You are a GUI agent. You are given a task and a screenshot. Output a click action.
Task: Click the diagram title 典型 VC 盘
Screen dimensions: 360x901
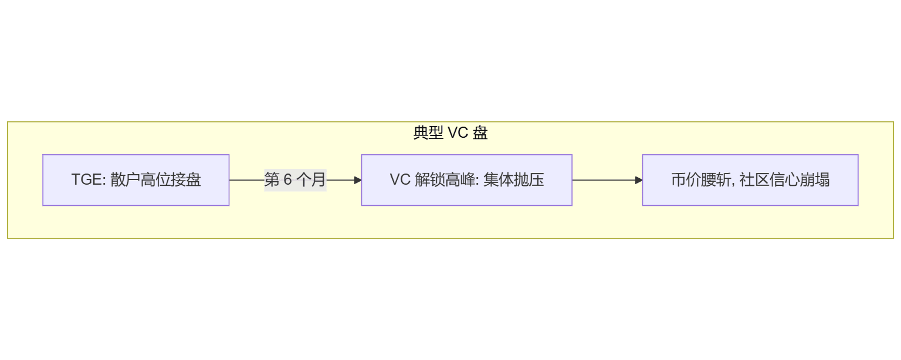tap(450, 133)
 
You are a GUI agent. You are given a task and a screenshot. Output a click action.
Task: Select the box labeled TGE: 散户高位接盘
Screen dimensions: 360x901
tap(136, 180)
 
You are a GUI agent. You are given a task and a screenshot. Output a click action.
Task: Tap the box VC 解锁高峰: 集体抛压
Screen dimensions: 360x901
tap(466, 180)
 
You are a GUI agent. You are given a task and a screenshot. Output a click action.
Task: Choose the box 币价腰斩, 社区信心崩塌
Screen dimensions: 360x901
tap(750, 180)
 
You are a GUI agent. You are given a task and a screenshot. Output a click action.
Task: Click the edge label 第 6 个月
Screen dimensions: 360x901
tap(295, 180)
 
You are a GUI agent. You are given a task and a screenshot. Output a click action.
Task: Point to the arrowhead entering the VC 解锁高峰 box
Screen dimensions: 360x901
tap(358, 180)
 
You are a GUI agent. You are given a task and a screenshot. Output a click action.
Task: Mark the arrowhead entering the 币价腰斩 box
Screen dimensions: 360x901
tap(639, 180)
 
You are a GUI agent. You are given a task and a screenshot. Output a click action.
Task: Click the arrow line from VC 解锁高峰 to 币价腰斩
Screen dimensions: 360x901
tap(604, 180)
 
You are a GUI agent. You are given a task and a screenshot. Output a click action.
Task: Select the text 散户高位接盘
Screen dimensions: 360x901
tap(155, 180)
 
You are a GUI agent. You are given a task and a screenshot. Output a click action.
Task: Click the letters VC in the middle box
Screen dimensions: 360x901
tap(399, 180)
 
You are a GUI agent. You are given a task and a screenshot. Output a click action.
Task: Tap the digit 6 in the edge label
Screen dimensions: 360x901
tap(287, 180)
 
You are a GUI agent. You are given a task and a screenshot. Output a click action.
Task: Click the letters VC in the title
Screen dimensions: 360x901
tap(458, 133)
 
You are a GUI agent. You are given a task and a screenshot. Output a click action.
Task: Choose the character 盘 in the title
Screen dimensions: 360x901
tap(480, 133)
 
